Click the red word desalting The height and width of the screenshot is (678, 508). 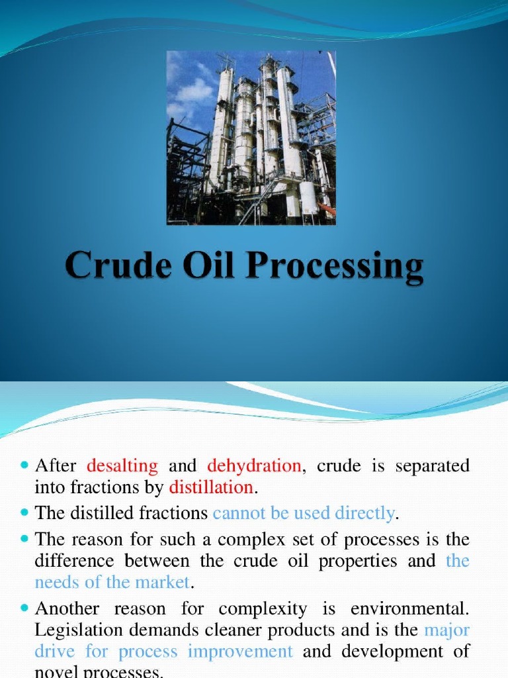(x=122, y=465)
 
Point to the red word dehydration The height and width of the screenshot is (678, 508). (x=254, y=465)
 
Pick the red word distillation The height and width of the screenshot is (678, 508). (x=211, y=488)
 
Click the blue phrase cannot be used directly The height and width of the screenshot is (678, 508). (x=304, y=512)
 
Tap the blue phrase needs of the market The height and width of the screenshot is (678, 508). (x=112, y=583)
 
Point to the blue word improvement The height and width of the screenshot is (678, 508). (x=240, y=652)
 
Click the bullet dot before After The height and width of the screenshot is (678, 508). (x=25, y=466)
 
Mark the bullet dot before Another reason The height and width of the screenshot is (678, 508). (x=25, y=608)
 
